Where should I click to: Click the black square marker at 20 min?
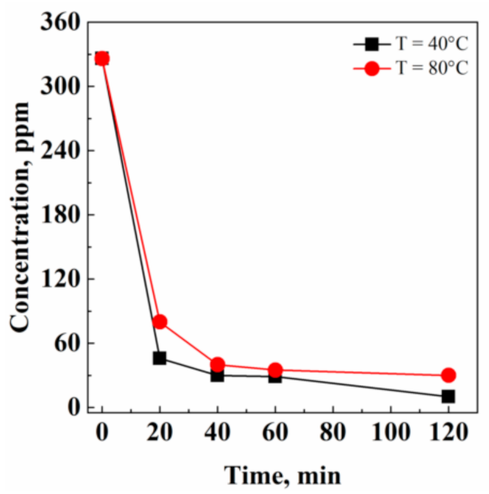click(x=159, y=358)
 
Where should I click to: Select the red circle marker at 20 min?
click(x=159, y=322)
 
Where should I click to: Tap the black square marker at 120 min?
click(x=448, y=396)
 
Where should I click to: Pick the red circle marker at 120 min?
click(x=448, y=375)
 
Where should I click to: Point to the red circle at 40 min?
click(x=218, y=364)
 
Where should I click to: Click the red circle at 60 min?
click(x=275, y=370)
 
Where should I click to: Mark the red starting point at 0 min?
click(x=102, y=58)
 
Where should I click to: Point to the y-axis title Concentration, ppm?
click(x=21, y=218)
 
